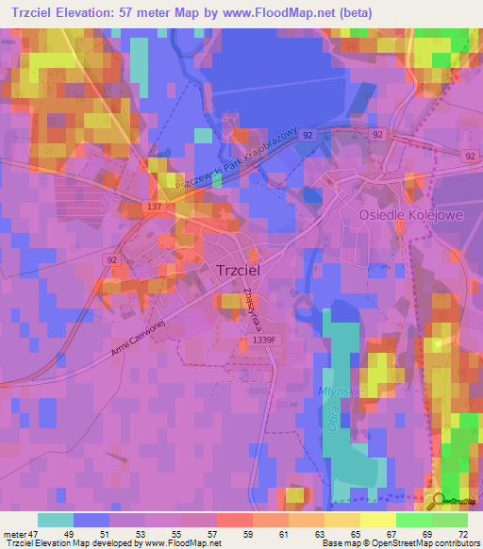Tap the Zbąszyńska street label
coord(250,308)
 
